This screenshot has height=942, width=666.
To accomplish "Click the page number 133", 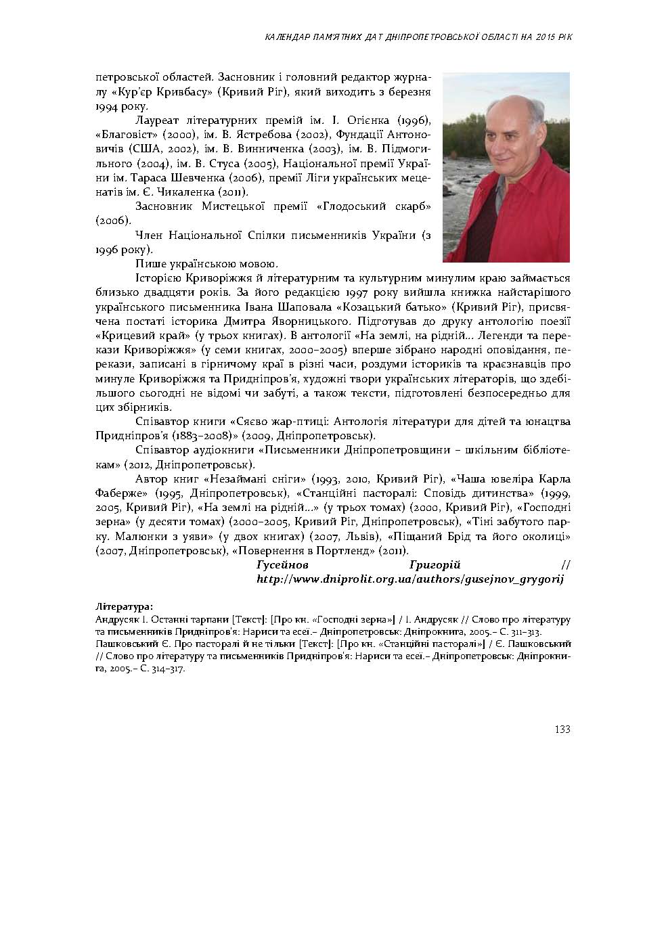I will pos(562,729).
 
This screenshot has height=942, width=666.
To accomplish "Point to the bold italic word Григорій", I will pos(435,565).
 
